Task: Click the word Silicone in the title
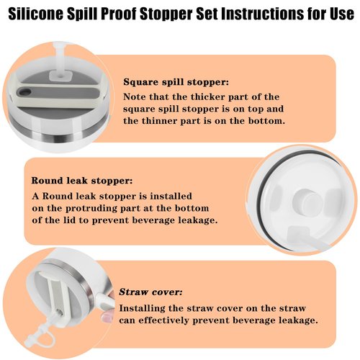click(35, 14)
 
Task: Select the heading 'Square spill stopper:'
click(176, 82)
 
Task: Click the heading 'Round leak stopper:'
click(82, 181)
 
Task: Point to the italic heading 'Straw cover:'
click(150, 292)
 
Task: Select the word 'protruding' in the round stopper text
click(91, 209)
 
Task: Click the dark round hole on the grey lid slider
click(25, 92)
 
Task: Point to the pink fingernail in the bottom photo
click(106, 317)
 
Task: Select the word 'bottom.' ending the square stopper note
click(266, 121)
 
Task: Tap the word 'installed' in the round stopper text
click(171, 197)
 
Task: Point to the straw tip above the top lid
click(59, 45)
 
